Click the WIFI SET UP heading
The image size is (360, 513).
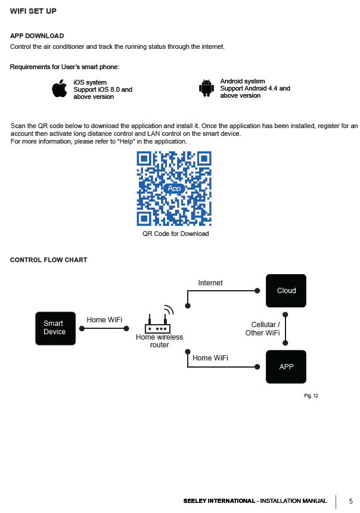33,11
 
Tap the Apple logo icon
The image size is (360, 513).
59,89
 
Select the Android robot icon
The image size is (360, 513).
206,88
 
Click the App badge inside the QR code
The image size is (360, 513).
174,188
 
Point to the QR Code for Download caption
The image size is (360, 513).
175,234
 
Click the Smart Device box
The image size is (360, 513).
55,328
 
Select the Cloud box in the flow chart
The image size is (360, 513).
286,291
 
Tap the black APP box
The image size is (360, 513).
286,366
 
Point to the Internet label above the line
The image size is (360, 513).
210,283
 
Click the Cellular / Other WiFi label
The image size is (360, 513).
263,329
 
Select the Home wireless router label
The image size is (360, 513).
159,341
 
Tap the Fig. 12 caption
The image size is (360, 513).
311,396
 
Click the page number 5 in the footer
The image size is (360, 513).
350,501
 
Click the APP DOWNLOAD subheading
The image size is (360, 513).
37,36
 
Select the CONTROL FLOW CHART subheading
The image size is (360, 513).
49,260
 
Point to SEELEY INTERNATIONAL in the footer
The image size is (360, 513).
219,501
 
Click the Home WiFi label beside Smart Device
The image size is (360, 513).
104,320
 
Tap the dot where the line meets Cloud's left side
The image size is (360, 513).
257,291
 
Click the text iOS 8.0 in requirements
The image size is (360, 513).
111,89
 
